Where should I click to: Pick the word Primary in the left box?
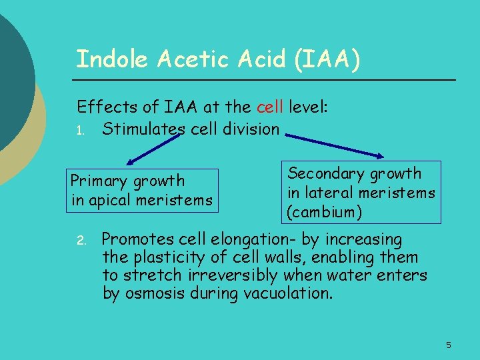point(99,181)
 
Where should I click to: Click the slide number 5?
point(449,345)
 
